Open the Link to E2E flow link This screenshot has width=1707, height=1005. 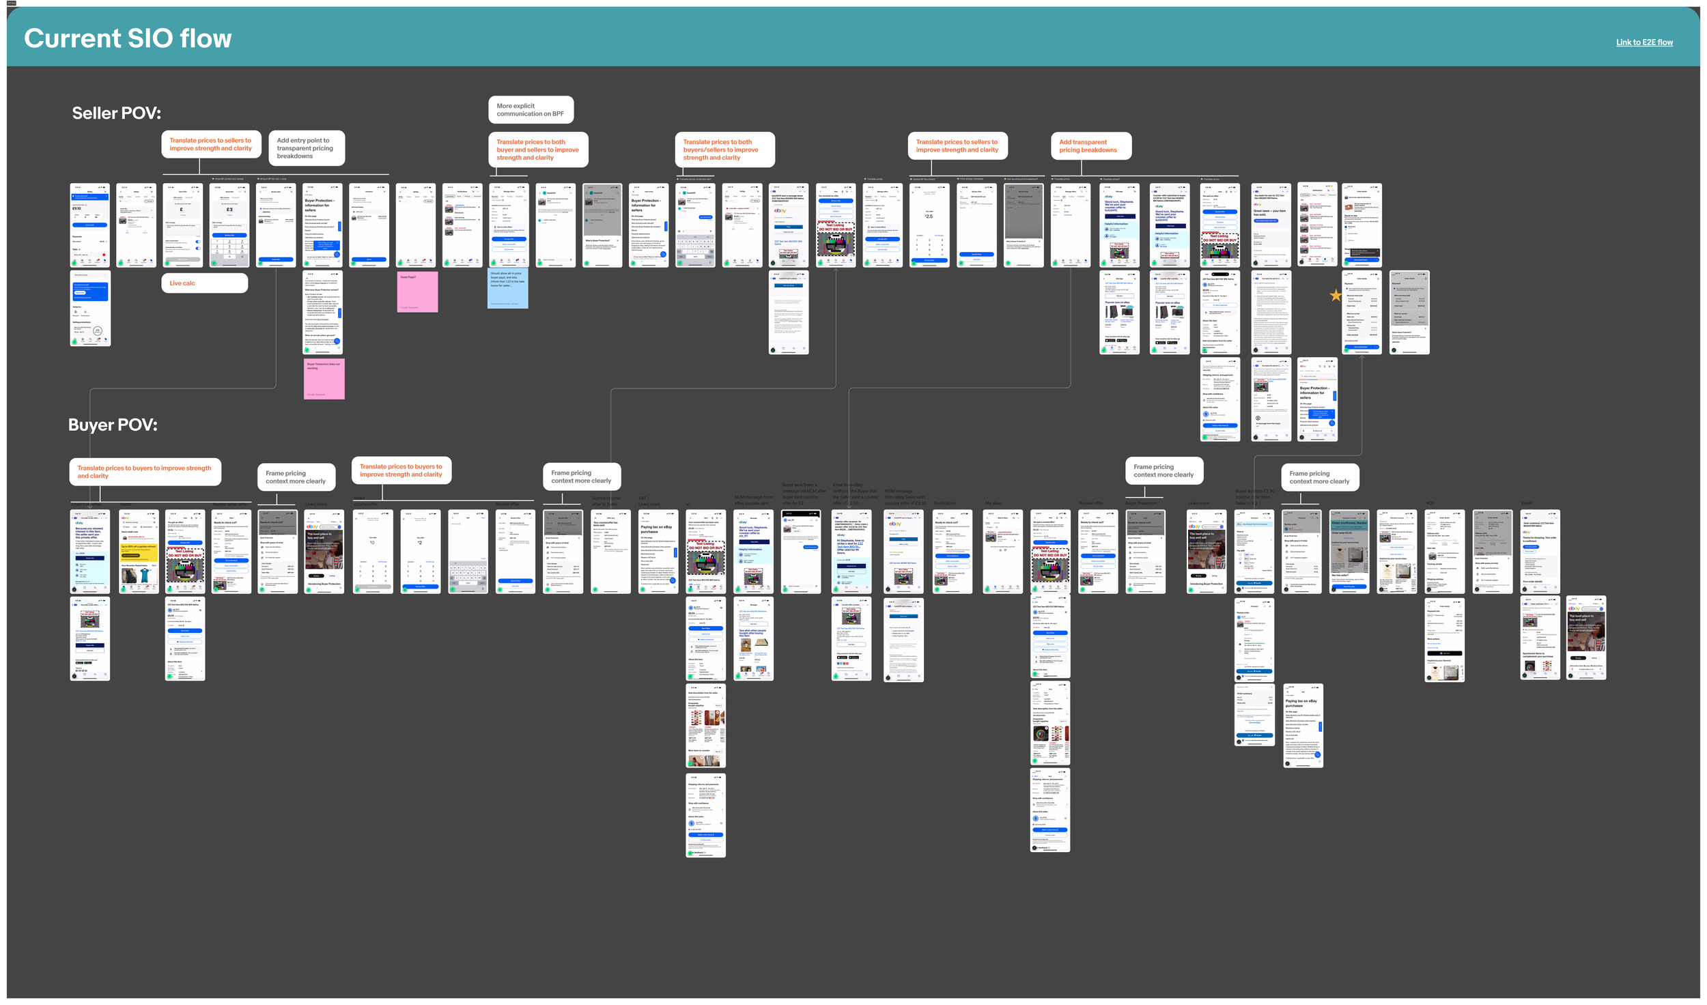[1643, 42]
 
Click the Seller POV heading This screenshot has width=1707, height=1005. [117, 113]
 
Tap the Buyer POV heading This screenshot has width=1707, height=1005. [113, 425]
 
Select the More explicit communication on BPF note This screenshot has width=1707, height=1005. [531, 110]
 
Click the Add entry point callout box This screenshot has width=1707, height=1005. [306, 148]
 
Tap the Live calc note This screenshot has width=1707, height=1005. [204, 283]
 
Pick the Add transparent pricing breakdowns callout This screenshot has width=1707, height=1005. [1090, 146]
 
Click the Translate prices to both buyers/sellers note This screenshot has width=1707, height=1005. [724, 150]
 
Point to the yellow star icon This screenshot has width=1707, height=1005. [1336, 296]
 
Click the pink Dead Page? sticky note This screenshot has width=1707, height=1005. [417, 292]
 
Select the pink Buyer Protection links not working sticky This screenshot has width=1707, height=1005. [324, 379]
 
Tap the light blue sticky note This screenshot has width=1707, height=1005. [507, 288]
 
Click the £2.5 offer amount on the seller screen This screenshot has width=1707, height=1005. [929, 216]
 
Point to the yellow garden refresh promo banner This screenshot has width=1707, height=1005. [139, 550]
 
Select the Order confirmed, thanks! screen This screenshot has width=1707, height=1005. [1349, 551]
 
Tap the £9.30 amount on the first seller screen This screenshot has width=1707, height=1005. [77, 209]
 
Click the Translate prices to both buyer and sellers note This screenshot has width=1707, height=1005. [537, 150]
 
